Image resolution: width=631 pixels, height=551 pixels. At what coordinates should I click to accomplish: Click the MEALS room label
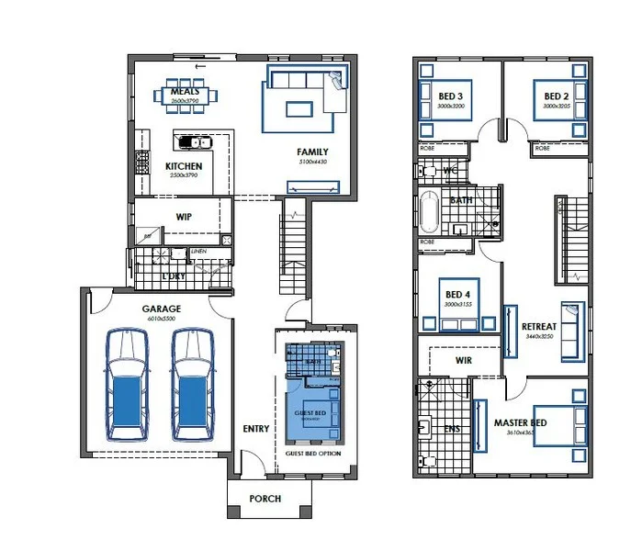click(186, 91)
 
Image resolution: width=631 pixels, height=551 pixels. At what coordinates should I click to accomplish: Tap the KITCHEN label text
click(184, 166)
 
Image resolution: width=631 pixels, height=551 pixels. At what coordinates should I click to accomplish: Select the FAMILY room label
click(312, 152)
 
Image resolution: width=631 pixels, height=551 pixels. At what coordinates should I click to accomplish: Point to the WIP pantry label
click(184, 218)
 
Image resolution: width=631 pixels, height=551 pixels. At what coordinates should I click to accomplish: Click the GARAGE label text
click(161, 309)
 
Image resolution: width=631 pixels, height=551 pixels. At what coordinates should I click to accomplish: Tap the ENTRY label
click(256, 429)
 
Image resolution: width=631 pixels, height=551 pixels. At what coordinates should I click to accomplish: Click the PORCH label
click(265, 499)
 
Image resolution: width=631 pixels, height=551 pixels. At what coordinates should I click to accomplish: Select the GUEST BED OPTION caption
click(313, 454)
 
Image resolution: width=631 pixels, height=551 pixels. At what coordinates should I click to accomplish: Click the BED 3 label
click(451, 96)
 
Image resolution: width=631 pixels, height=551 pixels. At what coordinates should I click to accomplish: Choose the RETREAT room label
click(538, 327)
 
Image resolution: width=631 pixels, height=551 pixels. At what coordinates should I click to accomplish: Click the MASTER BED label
click(521, 423)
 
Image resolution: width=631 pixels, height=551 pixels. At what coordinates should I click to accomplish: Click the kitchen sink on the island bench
click(195, 141)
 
